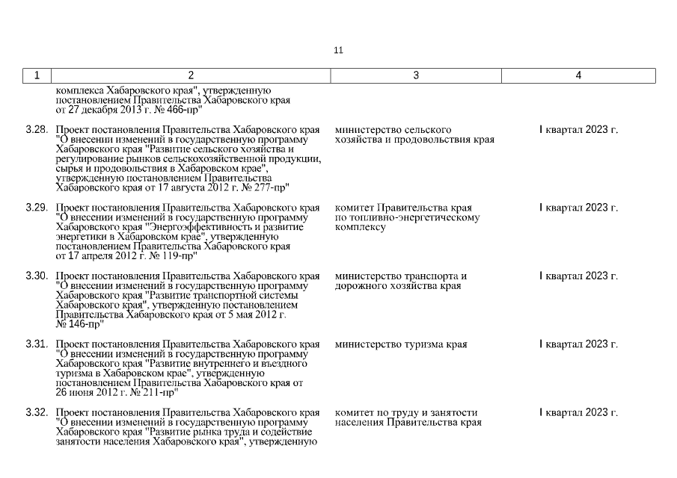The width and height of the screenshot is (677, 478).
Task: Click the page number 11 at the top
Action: click(x=338, y=50)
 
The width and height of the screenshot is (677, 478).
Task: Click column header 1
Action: click(x=37, y=75)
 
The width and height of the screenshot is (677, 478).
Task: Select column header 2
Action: click(x=191, y=75)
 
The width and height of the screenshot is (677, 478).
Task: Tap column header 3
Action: click(x=416, y=75)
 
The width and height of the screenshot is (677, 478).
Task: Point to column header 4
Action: click(x=578, y=75)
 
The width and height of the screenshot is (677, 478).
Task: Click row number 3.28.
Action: click(x=37, y=130)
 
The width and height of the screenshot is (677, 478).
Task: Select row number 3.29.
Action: click(x=37, y=208)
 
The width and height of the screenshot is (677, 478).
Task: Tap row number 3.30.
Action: click(x=37, y=276)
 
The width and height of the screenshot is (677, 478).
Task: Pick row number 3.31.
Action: click(x=37, y=344)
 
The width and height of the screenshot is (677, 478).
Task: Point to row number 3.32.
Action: click(x=37, y=413)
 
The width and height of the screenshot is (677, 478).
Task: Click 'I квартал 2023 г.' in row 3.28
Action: click(x=578, y=130)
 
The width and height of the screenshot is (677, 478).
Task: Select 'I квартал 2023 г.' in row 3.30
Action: click(x=578, y=276)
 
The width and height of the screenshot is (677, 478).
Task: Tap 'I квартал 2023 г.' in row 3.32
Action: click(x=578, y=413)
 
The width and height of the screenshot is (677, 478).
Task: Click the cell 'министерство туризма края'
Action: click(x=401, y=344)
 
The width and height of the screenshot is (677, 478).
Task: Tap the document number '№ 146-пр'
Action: click(x=78, y=325)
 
